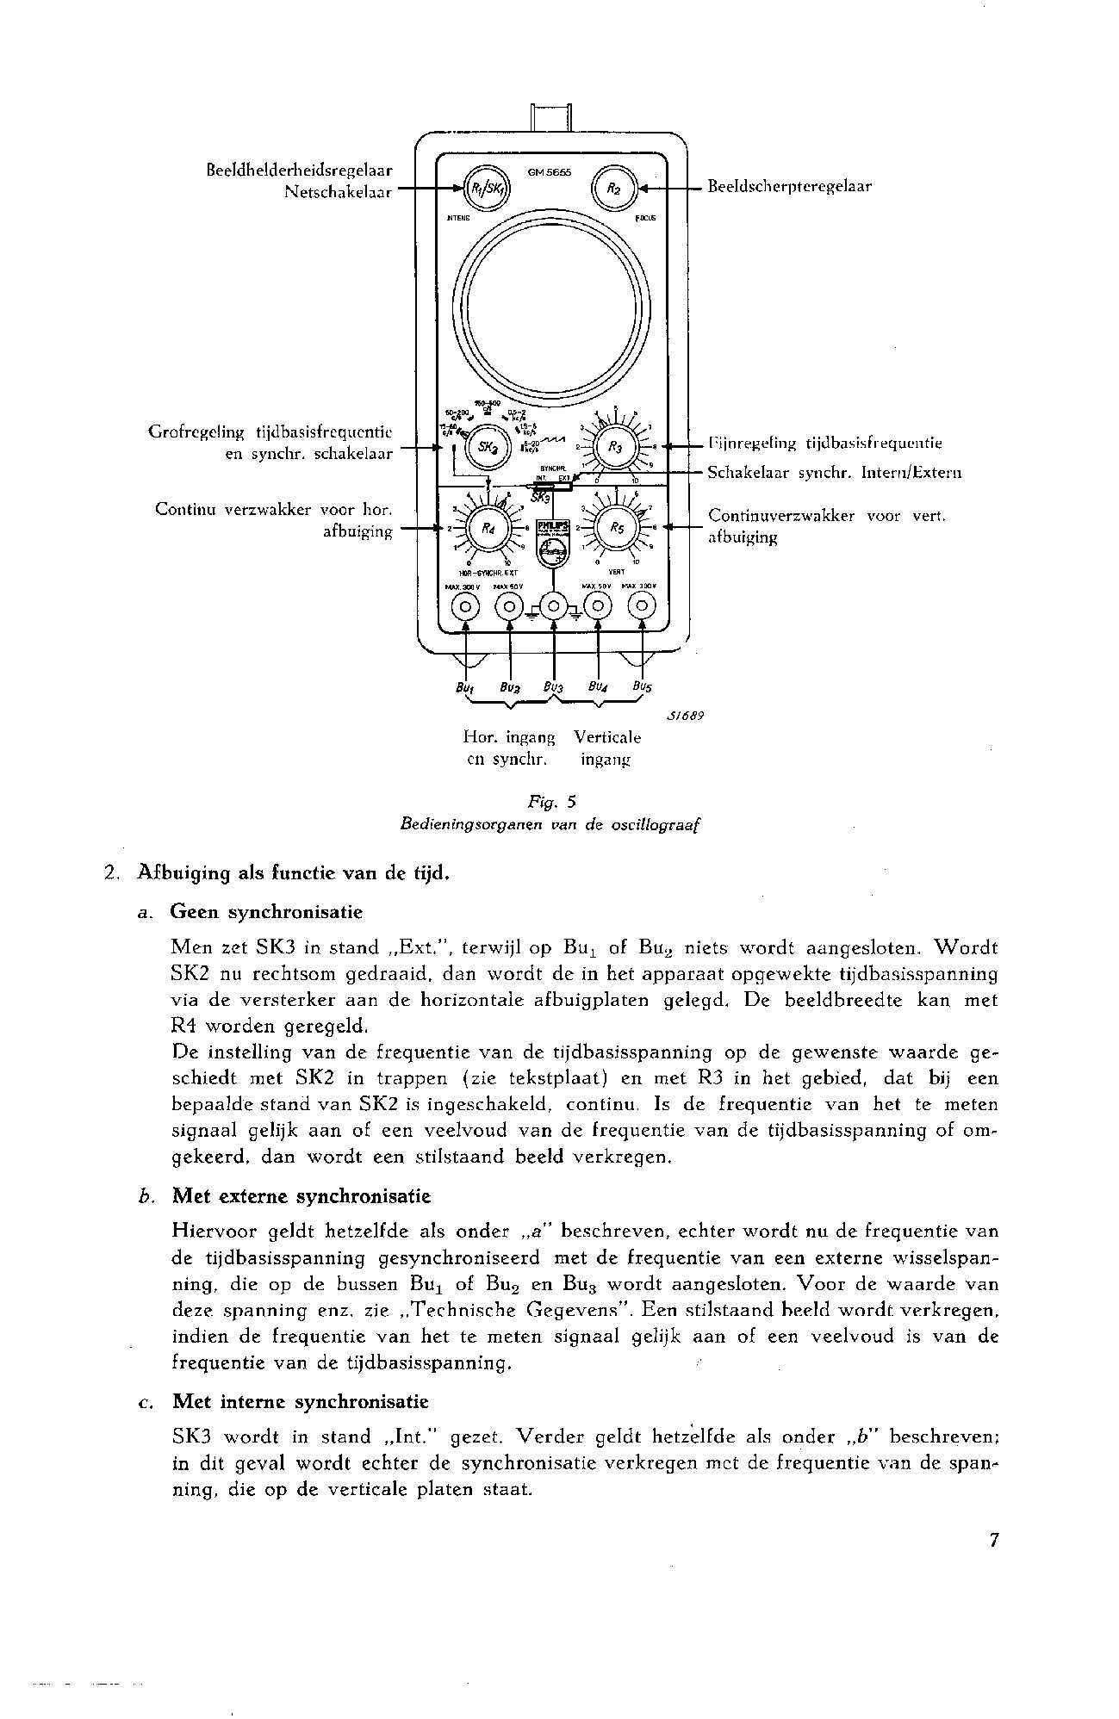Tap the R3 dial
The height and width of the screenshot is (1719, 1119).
pos(620,447)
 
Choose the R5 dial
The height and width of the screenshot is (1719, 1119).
pos(619,528)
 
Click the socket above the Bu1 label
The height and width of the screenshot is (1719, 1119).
pos(466,607)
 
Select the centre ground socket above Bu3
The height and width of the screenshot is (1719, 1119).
pos(553,607)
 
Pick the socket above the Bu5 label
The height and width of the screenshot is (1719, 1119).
pos(643,607)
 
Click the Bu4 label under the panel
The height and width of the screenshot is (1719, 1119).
pos(598,687)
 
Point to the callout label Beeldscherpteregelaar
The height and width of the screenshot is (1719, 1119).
pos(789,187)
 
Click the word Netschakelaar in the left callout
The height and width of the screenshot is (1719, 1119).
pos(338,192)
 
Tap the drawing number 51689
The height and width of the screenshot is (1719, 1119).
pos(685,716)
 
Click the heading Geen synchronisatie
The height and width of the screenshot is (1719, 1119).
pos(267,912)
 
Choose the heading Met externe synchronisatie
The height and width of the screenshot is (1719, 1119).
pos(302,1196)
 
